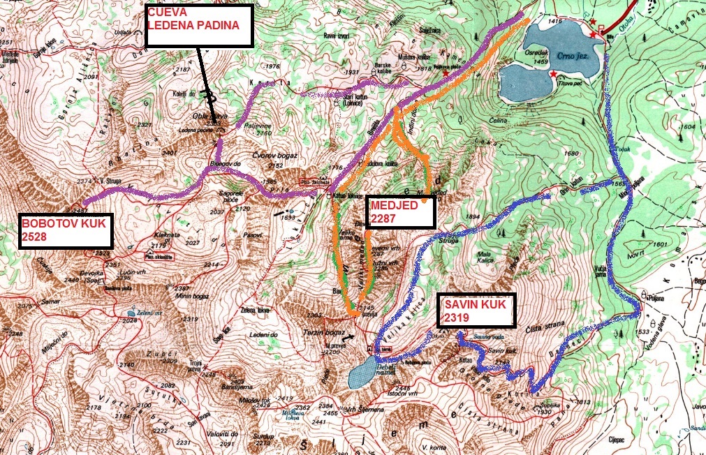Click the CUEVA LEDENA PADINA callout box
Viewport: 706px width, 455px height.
[x=198, y=25]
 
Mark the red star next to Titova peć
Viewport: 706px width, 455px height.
[x=553, y=75]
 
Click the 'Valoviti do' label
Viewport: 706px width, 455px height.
[x=219, y=434]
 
